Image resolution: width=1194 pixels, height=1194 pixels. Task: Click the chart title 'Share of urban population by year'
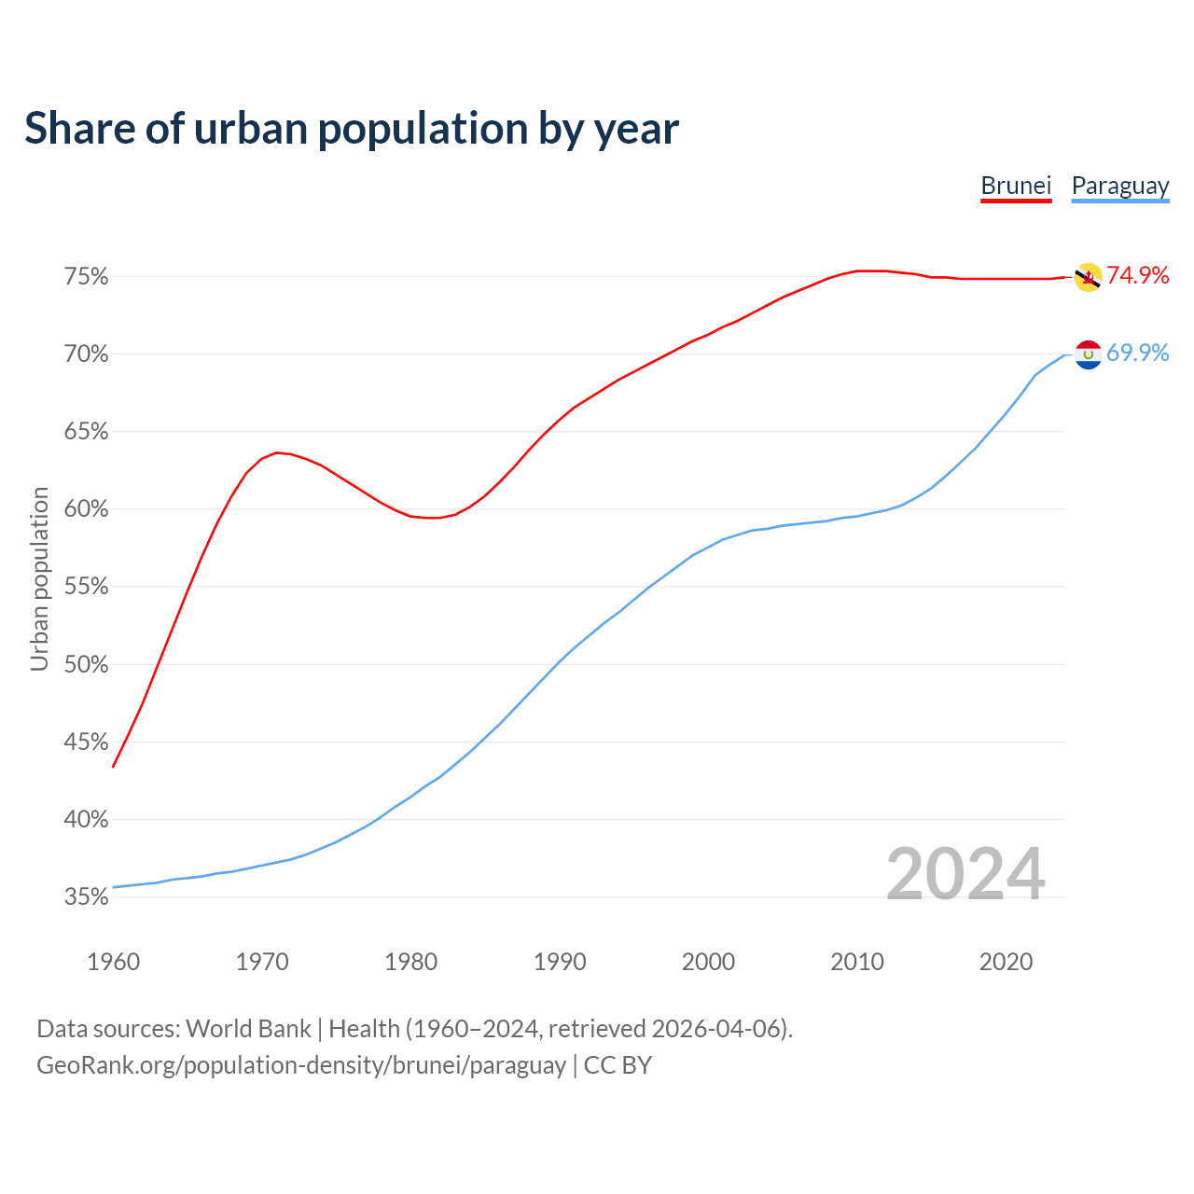click(x=352, y=129)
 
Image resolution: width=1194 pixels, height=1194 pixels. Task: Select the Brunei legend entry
click(x=1016, y=186)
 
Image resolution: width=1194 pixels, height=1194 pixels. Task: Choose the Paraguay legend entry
click(x=1119, y=186)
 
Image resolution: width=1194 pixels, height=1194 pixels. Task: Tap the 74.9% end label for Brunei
click(x=1137, y=275)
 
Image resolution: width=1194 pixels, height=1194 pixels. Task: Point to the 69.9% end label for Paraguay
click(x=1137, y=353)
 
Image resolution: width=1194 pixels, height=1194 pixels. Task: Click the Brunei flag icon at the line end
click(x=1088, y=277)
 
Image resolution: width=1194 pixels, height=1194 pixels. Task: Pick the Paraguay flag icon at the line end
click(x=1088, y=354)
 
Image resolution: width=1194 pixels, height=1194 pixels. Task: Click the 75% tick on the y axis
click(x=86, y=277)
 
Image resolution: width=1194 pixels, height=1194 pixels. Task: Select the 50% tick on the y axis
click(x=86, y=665)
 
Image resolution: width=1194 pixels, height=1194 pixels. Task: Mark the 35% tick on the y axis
click(x=86, y=897)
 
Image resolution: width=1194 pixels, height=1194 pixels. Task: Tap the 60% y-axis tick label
click(x=86, y=509)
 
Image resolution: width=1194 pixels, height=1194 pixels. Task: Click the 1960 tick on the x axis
click(x=113, y=962)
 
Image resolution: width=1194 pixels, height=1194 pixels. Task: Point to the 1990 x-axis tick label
click(x=560, y=962)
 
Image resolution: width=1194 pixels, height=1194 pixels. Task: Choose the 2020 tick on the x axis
click(x=1006, y=962)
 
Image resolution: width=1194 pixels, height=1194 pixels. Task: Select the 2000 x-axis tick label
click(x=708, y=962)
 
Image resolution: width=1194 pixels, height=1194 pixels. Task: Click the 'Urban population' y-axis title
click(x=39, y=578)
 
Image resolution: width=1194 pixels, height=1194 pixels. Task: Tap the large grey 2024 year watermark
click(x=965, y=874)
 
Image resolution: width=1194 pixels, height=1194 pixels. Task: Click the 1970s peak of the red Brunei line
click(x=276, y=452)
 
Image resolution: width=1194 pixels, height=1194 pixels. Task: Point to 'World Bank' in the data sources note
click(x=248, y=1029)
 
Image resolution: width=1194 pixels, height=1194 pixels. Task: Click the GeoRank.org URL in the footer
click(x=301, y=1065)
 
